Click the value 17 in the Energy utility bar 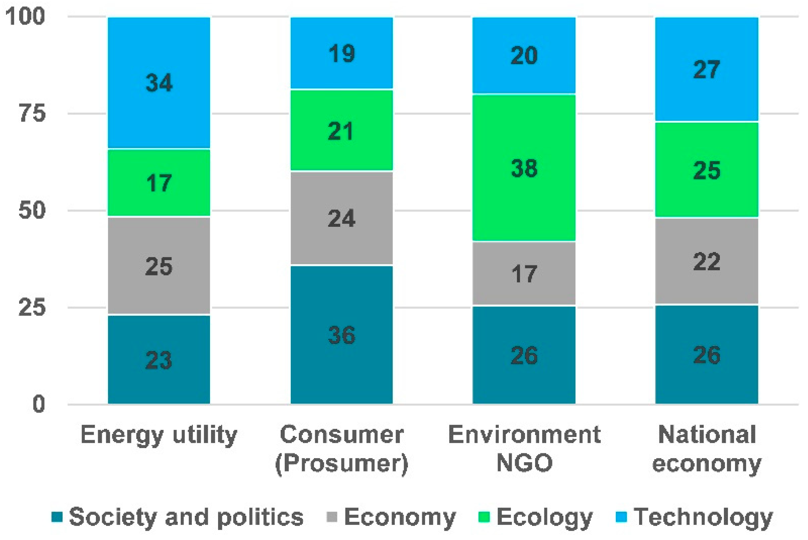click(x=159, y=183)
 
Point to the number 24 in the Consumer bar click(x=341, y=218)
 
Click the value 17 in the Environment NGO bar click(x=524, y=274)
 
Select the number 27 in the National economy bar click(x=707, y=69)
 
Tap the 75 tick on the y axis click(x=32, y=113)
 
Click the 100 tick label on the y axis click(x=25, y=16)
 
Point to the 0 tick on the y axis click(x=39, y=404)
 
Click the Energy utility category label click(x=159, y=435)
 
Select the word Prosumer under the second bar click(x=341, y=463)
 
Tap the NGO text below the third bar click(x=524, y=463)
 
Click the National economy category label click(x=707, y=449)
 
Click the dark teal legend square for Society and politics click(x=57, y=517)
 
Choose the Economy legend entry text click(x=400, y=517)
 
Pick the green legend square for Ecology click(x=484, y=517)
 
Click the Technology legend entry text click(x=703, y=517)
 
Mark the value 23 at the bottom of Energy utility click(x=159, y=360)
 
